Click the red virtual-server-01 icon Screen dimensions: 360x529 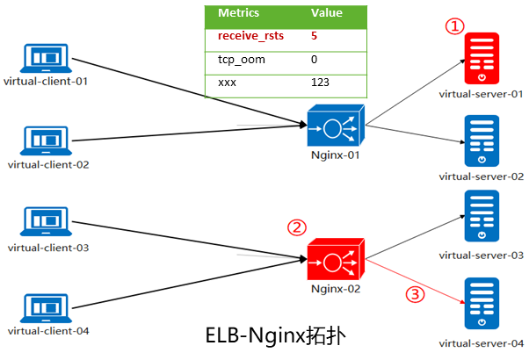(x=482, y=59)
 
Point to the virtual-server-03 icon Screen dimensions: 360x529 (x=482, y=220)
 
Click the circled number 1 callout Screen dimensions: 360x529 (x=453, y=26)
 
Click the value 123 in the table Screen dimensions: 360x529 (x=321, y=82)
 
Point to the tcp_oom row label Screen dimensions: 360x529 (x=236, y=60)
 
